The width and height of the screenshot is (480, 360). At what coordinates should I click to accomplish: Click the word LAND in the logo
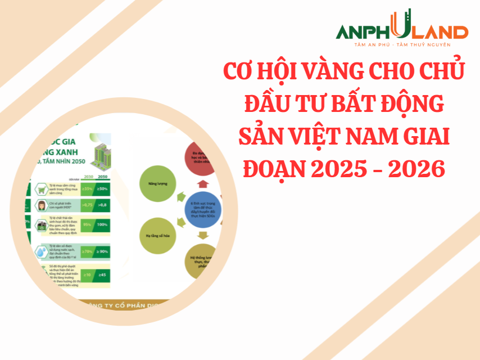(x=442, y=32)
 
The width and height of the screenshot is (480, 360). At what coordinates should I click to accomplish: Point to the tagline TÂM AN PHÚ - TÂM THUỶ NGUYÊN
(x=402, y=44)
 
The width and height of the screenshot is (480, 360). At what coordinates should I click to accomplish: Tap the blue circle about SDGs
(x=203, y=209)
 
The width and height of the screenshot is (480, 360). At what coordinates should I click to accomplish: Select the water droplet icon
(x=42, y=251)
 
